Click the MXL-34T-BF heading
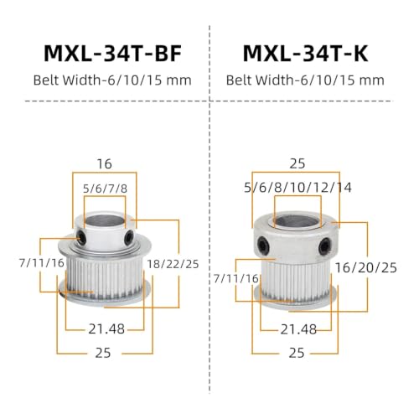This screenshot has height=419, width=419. pyautogui.click(x=113, y=53)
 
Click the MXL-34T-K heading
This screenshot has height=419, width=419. pyautogui.click(x=305, y=53)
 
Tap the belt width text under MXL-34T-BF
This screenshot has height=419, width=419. pyautogui.click(x=112, y=80)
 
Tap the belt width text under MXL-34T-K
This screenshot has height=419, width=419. pyautogui.click(x=305, y=80)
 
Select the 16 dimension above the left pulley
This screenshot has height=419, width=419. pyautogui.click(x=104, y=163)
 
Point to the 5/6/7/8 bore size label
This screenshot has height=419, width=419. pyautogui.click(x=105, y=189)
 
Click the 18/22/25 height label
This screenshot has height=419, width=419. pyautogui.click(x=173, y=264)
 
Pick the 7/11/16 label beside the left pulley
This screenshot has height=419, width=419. pyautogui.click(x=42, y=263)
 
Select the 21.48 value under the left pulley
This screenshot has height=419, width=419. pyautogui.click(x=106, y=328)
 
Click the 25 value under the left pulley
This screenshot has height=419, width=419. pyautogui.click(x=103, y=353)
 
